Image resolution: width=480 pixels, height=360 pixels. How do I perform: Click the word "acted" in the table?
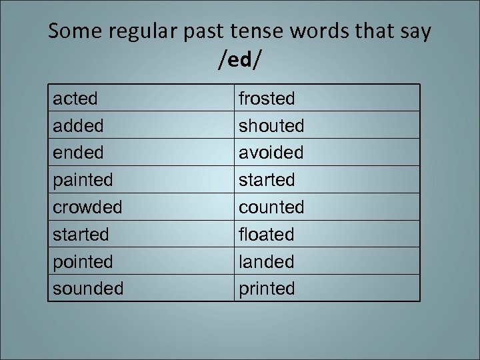pyautogui.click(x=75, y=99)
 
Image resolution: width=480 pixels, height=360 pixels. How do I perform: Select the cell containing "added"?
pyautogui.click(x=79, y=126)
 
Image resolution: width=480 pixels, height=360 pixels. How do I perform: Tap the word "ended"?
pyautogui.click(x=79, y=153)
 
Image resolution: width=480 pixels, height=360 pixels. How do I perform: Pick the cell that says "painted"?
pyautogui.click(x=83, y=180)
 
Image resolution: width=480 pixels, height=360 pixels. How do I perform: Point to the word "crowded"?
pyautogui.click(x=87, y=207)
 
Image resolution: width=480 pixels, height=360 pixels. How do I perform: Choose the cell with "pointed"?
pyautogui.click(x=83, y=262)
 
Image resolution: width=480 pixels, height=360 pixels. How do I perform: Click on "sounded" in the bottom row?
pyautogui.click(x=88, y=289)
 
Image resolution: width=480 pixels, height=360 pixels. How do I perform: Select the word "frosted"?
pyautogui.click(x=267, y=99)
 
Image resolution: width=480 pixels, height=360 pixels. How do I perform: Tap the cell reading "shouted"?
pyautogui.click(x=271, y=126)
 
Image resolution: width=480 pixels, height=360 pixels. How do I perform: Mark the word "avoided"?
pyautogui.click(x=271, y=153)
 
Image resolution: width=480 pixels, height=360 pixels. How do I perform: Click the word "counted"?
pyautogui.click(x=271, y=207)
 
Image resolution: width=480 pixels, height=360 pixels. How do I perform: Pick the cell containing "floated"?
pyautogui.click(x=267, y=235)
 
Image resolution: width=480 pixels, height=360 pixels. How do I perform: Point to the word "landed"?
pyautogui.click(x=267, y=262)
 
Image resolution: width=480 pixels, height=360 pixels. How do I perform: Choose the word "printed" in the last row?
pyautogui.click(x=267, y=289)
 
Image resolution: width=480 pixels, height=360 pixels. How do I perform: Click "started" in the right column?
pyautogui.click(x=267, y=180)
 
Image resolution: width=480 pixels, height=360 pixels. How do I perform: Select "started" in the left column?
pyautogui.click(x=81, y=235)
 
